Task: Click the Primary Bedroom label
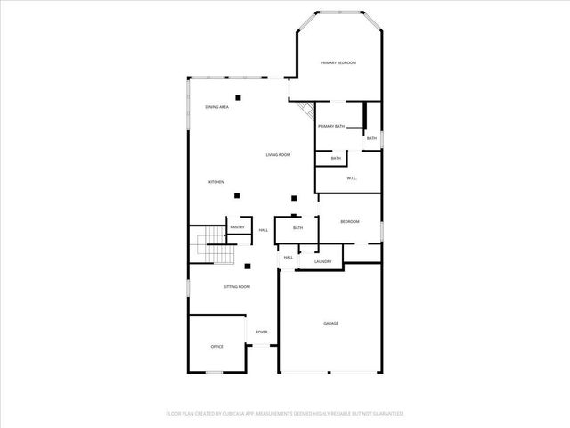(x=338, y=62)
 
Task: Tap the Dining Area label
(x=217, y=107)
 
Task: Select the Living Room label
(x=278, y=155)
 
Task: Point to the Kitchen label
(x=216, y=182)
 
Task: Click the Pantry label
(x=237, y=227)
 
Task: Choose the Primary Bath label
(x=331, y=127)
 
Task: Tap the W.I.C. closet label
(x=352, y=178)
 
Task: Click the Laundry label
(x=322, y=261)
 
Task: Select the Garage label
(x=330, y=323)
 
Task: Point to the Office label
(x=216, y=346)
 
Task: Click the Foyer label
(x=262, y=332)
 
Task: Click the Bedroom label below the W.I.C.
(x=349, y=221)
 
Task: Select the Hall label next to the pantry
(x=264, y=231)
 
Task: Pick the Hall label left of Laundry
(x=289, y=258)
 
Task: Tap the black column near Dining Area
(x=238, y=96)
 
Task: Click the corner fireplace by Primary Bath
(x=306, y=112)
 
